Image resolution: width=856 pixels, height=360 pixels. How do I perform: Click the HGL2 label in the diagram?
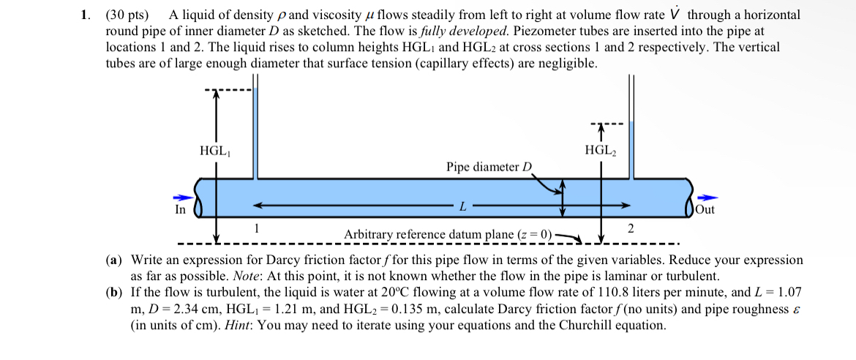pos(601,151)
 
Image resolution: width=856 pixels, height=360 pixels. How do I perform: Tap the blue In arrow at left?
pos(181,198)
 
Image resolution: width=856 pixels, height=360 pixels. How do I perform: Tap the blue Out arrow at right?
pos(708,198)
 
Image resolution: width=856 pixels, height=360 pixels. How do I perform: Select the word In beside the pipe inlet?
pos(180,210)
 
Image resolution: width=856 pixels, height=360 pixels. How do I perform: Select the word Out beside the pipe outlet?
pos(705,210)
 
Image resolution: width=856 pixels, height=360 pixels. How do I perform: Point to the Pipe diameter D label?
pos(489,167)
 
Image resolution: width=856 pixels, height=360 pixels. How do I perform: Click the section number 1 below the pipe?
pos(256,228)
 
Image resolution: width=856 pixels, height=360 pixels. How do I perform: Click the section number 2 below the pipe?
pos(630,228)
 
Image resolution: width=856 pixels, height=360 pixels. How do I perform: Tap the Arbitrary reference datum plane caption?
pos(448,234)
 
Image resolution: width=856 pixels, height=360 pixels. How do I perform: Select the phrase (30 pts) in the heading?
pos(127,15)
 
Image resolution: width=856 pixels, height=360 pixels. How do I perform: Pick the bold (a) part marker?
pos(114,260)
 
